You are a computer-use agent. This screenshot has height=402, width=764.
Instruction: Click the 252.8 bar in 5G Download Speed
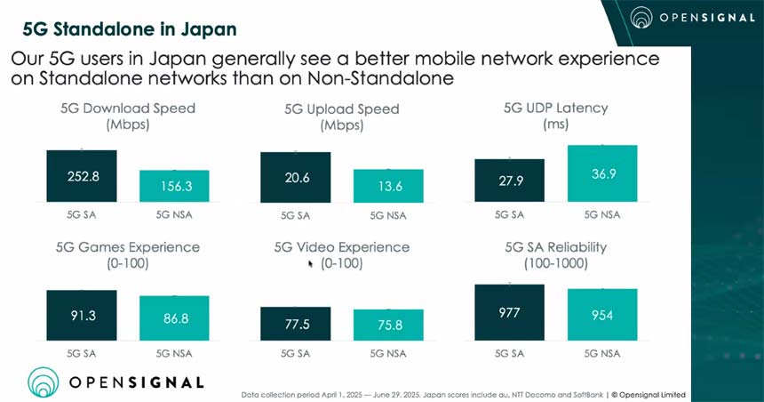(83, 176)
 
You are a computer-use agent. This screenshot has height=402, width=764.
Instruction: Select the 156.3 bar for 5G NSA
(174, 186)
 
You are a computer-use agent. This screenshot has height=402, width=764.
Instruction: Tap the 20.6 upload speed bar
(295, 177)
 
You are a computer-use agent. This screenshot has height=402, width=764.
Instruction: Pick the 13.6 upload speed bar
(387, 186)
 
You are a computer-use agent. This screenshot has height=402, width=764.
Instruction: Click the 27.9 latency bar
(509, 181)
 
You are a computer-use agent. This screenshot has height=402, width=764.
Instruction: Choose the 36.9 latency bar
(603, 173)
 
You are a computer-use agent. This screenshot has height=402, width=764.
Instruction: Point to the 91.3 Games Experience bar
(83, 314)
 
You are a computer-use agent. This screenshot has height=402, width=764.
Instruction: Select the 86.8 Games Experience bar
(174, 316)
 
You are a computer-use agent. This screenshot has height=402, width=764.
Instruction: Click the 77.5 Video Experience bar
(295, 324)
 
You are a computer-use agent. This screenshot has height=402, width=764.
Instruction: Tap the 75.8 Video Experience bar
(387, 325)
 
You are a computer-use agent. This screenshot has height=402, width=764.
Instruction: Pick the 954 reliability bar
(603, 314)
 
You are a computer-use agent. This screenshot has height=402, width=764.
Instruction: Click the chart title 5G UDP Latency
(555, 108)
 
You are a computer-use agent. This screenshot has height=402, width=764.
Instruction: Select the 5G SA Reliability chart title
(555, 246)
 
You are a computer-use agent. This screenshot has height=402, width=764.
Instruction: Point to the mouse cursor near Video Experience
(310, 263)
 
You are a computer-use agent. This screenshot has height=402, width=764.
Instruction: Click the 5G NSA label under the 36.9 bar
(603, 214)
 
